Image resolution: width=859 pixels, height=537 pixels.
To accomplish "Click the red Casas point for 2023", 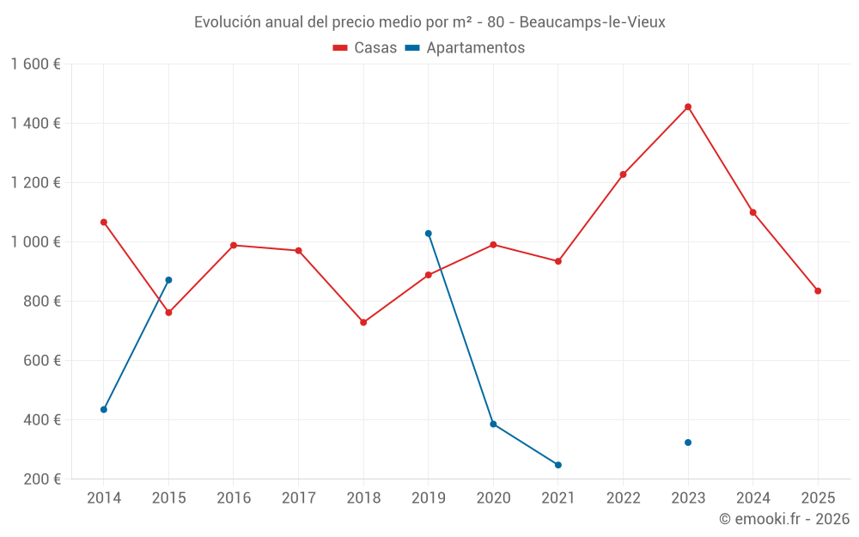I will pos(688,107).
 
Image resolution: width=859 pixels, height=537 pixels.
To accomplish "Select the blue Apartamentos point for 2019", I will pos(428,234).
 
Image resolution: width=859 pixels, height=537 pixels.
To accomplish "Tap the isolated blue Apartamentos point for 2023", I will pos(688,442).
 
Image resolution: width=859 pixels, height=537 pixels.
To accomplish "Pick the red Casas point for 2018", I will pos(363,322).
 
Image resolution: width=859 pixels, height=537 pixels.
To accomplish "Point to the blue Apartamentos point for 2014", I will pos(104,410).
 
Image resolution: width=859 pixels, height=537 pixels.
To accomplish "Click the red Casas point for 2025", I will pos(818,291).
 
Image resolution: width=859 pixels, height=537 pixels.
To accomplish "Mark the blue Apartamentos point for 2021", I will pos(558,465).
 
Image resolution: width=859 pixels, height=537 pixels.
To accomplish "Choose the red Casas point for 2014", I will pos(104,222).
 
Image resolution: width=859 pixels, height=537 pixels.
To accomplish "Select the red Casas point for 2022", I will pos(623,174).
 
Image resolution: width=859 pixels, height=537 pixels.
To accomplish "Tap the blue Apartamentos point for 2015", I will pos(168,280).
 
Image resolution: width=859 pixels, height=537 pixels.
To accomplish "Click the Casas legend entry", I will pos(365,48).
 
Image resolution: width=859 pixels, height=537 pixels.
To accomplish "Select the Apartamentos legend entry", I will pos(465,48).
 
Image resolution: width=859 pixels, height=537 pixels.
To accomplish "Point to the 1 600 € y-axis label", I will pos(36,64).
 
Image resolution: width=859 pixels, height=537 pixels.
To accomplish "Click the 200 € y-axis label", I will pos(41,479).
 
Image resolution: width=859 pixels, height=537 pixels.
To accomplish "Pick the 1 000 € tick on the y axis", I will pos(36,242).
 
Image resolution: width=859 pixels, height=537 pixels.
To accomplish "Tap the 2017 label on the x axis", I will pos(298,498).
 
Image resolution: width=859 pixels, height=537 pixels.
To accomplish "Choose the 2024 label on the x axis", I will pos(752,498).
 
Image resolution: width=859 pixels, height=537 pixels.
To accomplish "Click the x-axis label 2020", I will pos(493,498).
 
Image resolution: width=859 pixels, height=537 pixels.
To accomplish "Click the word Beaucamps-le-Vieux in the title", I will pos(592,22).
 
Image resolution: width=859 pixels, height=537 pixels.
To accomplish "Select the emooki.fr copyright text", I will pos(783,519).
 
